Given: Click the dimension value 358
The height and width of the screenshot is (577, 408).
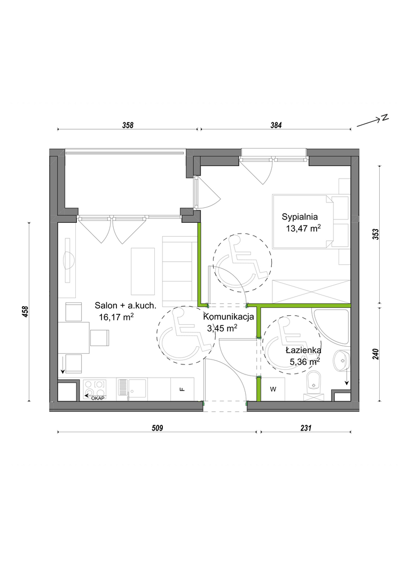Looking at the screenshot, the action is point(128,125).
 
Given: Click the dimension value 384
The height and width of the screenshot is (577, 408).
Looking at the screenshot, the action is point(276,125).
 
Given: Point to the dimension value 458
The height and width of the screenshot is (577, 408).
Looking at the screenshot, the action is point(25,311).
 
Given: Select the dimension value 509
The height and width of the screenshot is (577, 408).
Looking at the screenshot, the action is point(157,428).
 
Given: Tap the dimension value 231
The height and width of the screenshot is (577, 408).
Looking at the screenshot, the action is point(305,428).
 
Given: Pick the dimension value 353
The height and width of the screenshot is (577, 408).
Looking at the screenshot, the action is point(375,235).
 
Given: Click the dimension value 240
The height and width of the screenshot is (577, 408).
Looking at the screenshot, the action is point(375,354).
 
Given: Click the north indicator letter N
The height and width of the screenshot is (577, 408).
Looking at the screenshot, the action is point(385,118).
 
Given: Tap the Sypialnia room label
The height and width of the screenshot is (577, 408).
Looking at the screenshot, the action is point(300,217).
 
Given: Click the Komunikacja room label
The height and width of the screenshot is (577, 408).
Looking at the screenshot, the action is point(229,316).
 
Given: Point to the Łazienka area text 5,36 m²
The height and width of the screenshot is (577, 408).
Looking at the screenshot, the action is point(304,362).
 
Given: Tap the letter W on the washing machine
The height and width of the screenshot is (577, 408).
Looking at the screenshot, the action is point(273,389).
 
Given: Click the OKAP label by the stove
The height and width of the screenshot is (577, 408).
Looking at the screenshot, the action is point(98,398).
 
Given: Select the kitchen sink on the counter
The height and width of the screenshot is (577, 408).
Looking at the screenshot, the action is point(132,389).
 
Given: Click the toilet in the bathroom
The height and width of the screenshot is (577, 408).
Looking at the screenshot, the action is point(314,386).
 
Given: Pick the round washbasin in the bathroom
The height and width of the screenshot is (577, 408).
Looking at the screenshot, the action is point(341,360).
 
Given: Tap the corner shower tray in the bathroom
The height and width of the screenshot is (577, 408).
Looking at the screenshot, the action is point(331,327).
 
